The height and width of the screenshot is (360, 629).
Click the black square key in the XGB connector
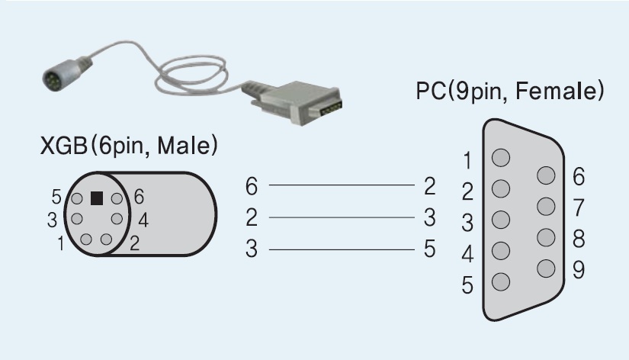click(97, 198)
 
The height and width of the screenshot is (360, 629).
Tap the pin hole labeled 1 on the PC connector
click(501, 159)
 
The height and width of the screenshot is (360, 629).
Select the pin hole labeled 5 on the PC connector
click(501, 280)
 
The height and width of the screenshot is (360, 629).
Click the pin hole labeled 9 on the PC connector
click(545, 268)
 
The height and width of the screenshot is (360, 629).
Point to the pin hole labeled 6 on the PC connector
click(545, 175)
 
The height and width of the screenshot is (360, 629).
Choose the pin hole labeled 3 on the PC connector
click(501, 220)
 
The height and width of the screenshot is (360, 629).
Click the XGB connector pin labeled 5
click(77, 199)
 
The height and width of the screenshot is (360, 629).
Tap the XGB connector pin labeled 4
click(117, 219)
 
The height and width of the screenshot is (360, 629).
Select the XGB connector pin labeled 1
click(86, 239)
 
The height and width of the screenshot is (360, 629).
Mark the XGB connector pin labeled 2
click(107, 239)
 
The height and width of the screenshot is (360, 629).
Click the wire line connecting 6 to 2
click(340, 185)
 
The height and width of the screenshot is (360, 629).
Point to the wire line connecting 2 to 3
click(340, 217)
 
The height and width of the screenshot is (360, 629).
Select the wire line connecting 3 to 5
click(340, 249)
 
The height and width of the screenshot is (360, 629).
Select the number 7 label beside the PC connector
click(579, 207)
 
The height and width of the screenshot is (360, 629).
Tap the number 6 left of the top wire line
click(252, 185)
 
